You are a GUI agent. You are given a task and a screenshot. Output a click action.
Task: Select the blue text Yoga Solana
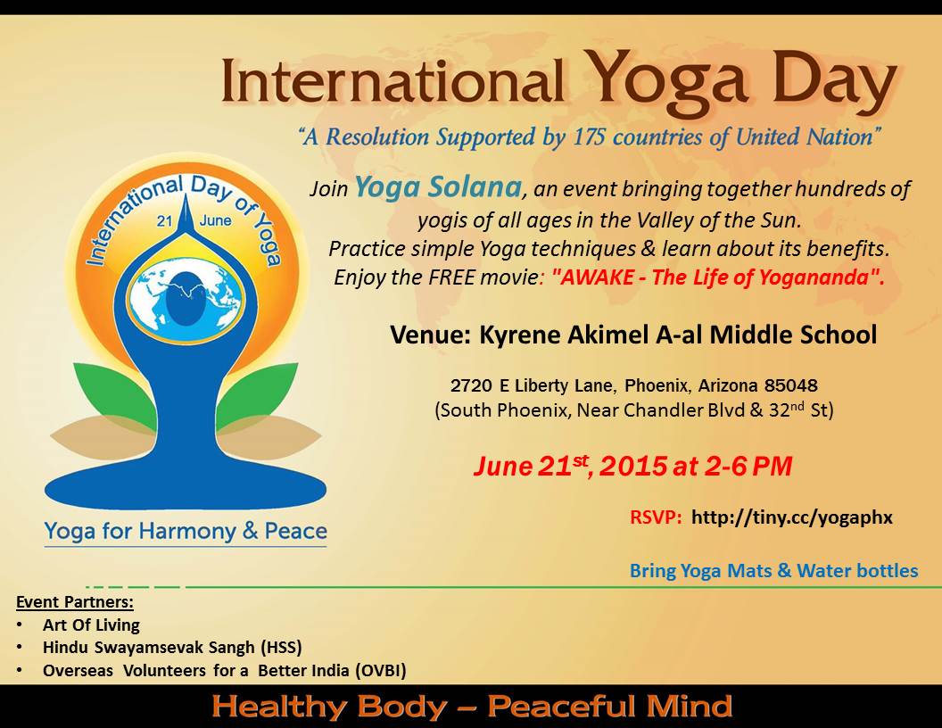click(x=438, y=187)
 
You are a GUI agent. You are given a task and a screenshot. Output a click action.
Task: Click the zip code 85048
click(x=791, y=385)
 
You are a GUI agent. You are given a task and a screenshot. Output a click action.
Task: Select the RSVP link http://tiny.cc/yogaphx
click(x=792, y=517)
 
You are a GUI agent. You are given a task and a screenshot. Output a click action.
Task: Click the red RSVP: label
click(x=656, y=517)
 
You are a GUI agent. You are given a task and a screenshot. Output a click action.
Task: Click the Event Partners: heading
click(x=75, y=602)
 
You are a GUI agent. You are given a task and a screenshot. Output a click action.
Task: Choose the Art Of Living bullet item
click(x=91, y=625)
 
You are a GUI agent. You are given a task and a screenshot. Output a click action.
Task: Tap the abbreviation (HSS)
click(x=281, y=648)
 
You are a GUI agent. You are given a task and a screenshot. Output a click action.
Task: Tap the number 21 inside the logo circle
click(x=165, y=221)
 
